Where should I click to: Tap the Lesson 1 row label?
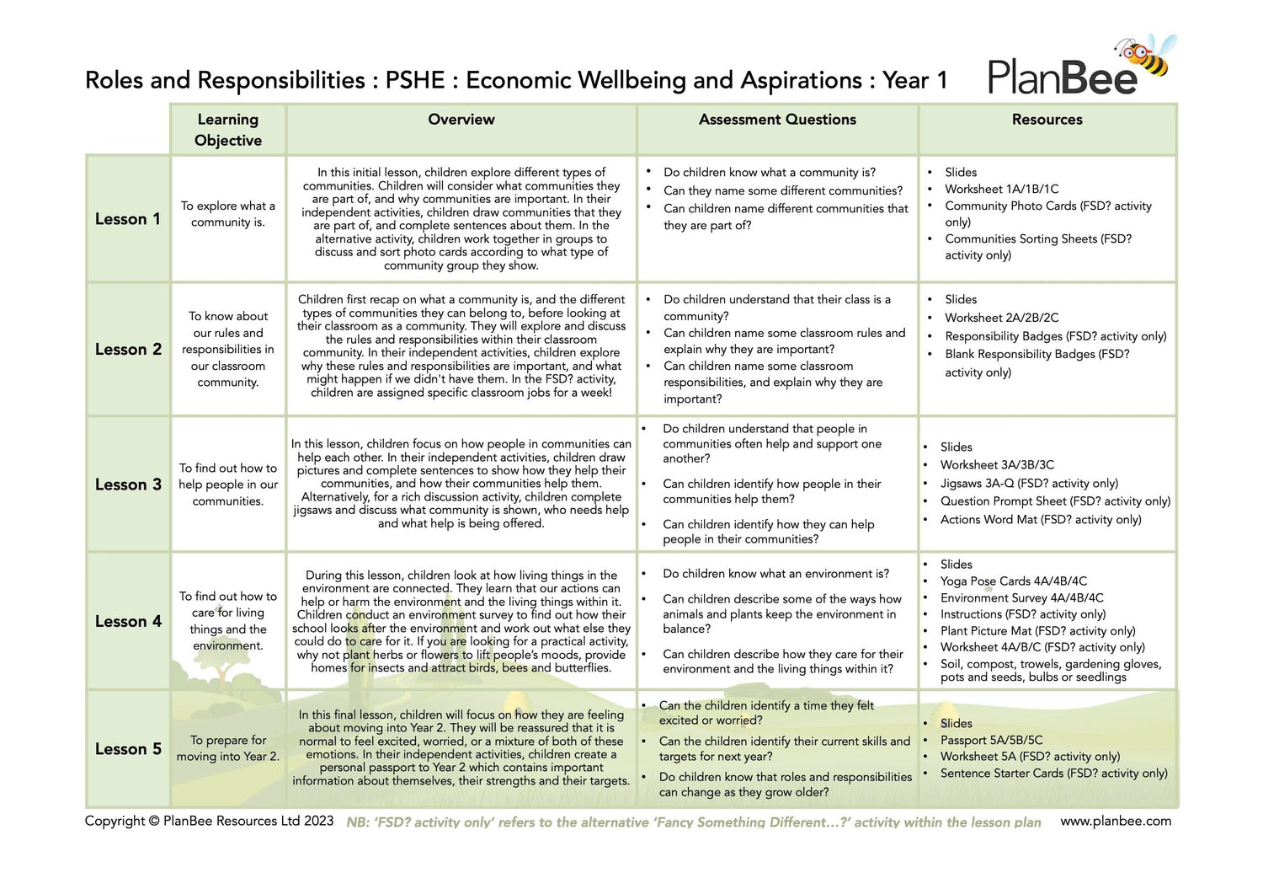pyautogui.click(x=127, y=219)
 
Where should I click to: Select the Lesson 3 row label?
pyautogui.click(x=128, y=484)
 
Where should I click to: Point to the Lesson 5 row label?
pyautogui.click(x=128, y=749)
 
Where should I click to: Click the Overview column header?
pyautogui.click(x=461, y=120)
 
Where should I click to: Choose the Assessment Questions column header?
pyautogui.click(x=777, y=120)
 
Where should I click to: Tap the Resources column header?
pyautogui.click(x=1047, y=120)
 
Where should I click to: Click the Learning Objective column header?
pyautogui.click(x=228, y=130)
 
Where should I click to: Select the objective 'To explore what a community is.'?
pyautogui.click(x=228, y=214)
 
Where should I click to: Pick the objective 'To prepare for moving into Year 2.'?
pyautogui.click(x=228, y=748)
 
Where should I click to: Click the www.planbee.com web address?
pyautogui.click(x=1116, y=821)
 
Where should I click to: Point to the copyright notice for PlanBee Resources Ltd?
pyautogui.click(x=209, y=821)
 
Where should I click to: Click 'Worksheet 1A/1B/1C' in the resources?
pyautogui.click(x=1001, y=189)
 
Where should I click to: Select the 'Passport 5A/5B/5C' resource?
pyautogui.click(x=991, y=740)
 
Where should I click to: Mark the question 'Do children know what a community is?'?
pyautogui.click(x=769, y=172)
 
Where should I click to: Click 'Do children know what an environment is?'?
pyautogui.click(x=775, y=574)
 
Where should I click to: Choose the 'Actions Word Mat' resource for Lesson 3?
pyautogui.click(x=1041, y=520)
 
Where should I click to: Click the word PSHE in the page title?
pyautogui.click(x=415, y=80)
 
